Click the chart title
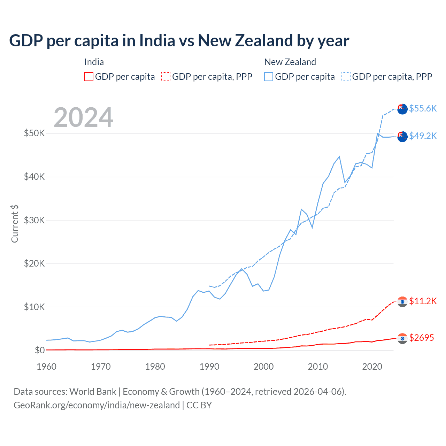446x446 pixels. [179, 41]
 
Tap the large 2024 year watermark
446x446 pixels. [83, 117]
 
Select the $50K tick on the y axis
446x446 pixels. [34, 133]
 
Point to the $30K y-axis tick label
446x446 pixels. [34, 220]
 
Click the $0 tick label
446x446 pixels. [39, 350]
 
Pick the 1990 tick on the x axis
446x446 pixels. [209, 367]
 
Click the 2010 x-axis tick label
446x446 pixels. [318, 367]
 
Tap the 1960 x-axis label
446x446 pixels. [47, 367]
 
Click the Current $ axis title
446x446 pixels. [15, 224]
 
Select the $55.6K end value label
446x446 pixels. [423, 108]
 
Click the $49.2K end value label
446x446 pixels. [423, 136]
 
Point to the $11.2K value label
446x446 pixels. [423, 301]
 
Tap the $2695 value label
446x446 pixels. [421, 338]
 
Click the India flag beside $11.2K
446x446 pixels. [402, 302]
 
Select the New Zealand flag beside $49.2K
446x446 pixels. [402, 137]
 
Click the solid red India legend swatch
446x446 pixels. [89, 77]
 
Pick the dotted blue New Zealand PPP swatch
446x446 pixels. [346, 77]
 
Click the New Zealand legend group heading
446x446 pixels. [290, 62]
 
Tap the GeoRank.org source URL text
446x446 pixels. [97, 405]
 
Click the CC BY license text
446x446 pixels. [199, 405]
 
